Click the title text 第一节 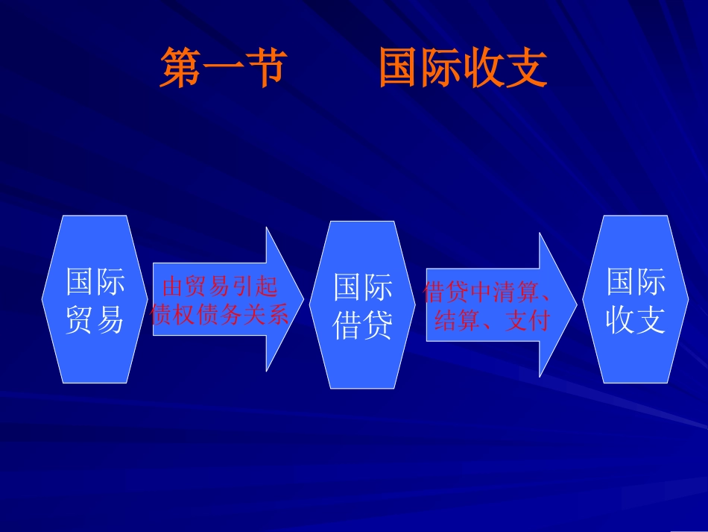223,68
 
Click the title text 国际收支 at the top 463,68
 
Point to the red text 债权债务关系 219,315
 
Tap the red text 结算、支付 491,321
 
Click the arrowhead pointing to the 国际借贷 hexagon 285,298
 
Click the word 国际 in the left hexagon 95,282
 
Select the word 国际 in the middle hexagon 362,287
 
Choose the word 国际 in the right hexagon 635,282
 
